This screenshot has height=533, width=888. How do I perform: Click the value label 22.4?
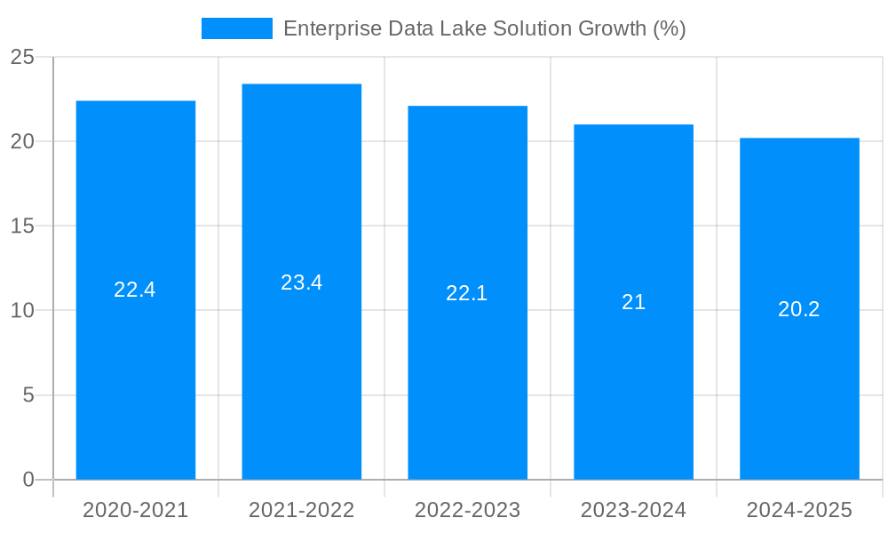135,290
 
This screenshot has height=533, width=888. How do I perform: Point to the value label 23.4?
302,282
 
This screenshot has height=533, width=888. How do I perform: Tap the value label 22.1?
467,293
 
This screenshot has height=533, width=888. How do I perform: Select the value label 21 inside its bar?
633,302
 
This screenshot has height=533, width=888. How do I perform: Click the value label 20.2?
799,309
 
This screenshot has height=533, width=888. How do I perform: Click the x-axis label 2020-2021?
136,510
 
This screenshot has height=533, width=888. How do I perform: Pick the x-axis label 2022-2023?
468,510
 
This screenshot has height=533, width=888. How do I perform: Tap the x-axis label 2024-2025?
799,510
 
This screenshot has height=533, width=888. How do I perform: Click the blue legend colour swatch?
237,28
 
